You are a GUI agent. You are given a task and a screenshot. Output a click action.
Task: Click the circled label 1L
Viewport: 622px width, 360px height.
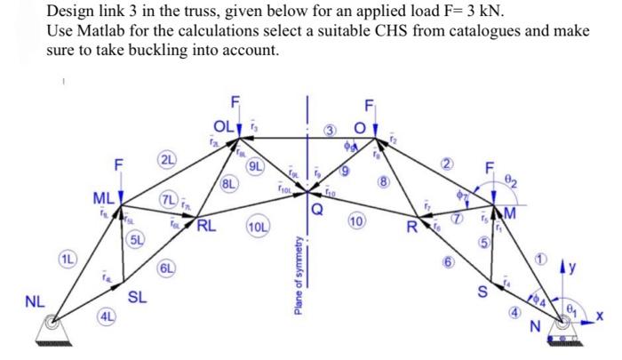(x=68, y=260)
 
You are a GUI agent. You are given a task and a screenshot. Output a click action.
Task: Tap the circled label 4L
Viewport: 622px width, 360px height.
(x=106, y=315)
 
